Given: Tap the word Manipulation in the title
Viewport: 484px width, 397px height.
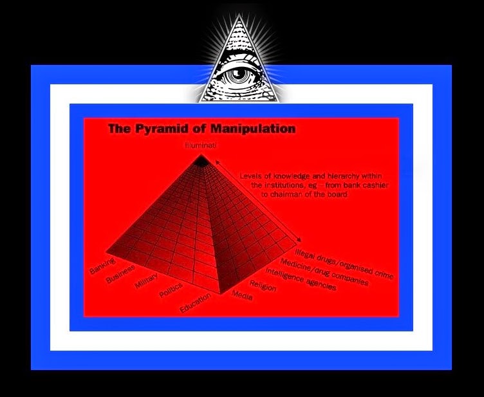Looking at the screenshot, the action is tap(248, 129).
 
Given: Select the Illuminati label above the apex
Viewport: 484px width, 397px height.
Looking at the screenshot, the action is tap(201, 146).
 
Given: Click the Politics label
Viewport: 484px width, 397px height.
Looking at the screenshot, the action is tap(171, 290).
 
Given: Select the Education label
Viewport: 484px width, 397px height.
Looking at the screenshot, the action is tap(196, 302).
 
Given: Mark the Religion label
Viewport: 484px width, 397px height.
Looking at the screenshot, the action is tap(263, 285).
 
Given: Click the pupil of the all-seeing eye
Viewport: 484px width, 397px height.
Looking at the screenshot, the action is tap(240, 75).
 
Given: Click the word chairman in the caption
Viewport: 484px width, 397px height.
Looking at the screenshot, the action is tap(291, 194).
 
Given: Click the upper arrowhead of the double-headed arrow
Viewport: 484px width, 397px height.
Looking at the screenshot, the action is tap(219, 164).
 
